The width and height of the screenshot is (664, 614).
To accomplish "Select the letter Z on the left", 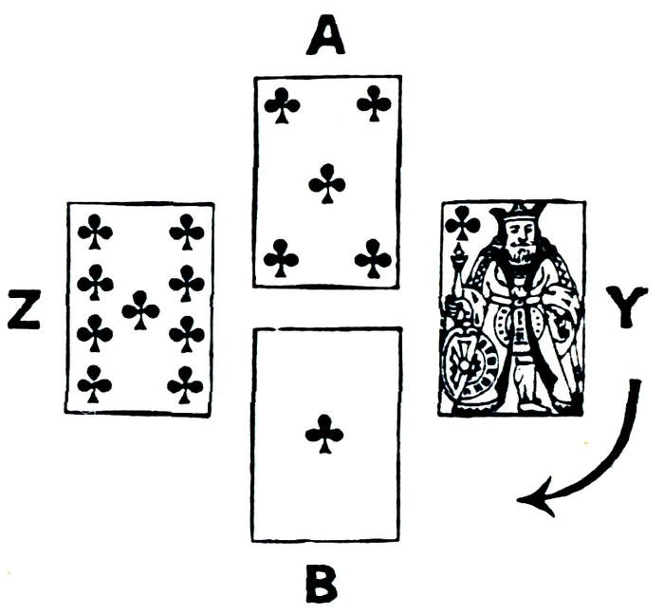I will click(25, 311).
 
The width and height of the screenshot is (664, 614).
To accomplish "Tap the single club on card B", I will click(324, 434).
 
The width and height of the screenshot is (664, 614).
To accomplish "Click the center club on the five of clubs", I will click(326, 183).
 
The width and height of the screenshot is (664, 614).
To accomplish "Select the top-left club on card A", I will click(282, 105).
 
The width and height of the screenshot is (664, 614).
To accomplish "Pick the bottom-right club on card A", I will click(373, 257).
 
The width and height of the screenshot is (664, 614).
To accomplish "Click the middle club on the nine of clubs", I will click(140, 309).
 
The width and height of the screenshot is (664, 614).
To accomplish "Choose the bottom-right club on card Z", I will click(185, 385).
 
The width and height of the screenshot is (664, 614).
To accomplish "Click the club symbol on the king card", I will click(462, 223).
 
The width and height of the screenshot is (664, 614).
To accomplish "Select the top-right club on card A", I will click(374, 103).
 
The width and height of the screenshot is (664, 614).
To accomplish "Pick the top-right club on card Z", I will click(186, 231).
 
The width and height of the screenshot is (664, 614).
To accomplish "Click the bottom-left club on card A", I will click(281, 257).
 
